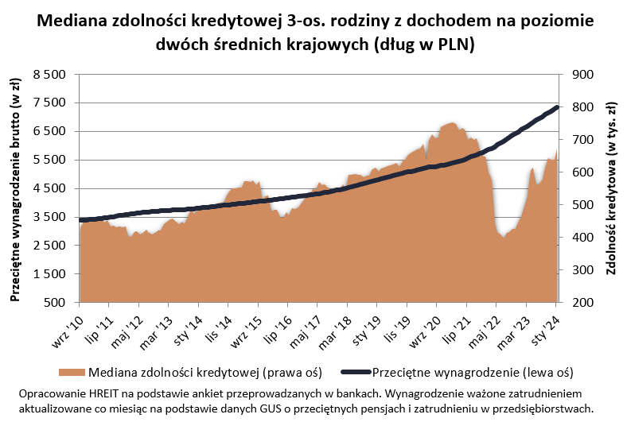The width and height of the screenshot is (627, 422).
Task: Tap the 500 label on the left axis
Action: pyautogui.click(x=59, y=303)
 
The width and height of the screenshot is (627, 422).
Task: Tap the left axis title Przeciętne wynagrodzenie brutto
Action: pyautogui.click(x=14, y=188)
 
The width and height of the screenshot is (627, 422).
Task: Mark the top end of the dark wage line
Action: pyautogui.click(x=558, y=107)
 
